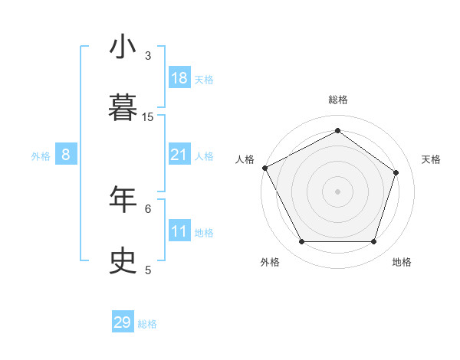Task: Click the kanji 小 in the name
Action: click(x=123, y=47)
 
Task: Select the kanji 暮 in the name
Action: click(x=123, y=108)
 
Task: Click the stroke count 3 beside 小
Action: click(x=148, y=55)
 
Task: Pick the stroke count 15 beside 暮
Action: click(x=148, y=116)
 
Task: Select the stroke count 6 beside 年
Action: click(x=148, y=208)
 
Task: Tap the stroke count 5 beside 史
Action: click(x=148, y=270)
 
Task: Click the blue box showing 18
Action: click(x=179, y=78)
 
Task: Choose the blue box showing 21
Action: click(x=179, y=155)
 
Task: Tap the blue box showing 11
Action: click(x=179, y=231)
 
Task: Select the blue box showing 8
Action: click(x=66, y=155)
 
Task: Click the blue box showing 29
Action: click(x=123, y=322)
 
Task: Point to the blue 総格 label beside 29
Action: click(x=148, y=324)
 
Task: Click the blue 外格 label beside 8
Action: click(x=41, y=156)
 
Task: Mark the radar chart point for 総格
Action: click(x=337, y=131)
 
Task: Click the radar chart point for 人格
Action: click(x=264, y=168)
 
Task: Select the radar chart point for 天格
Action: click(x=396, y=172)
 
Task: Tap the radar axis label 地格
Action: click(x=402, y=262)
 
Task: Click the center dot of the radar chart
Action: click(x=337, y=191)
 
